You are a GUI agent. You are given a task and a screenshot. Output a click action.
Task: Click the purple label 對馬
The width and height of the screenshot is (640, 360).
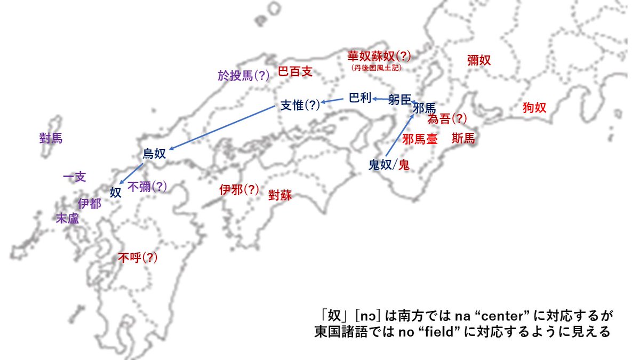point(51,139)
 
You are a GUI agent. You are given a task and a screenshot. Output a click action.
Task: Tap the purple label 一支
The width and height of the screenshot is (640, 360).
point(74,177)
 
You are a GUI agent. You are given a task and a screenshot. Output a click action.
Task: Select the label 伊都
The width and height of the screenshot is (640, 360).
point(89,203)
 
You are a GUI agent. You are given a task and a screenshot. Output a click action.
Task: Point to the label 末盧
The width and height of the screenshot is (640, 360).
point(68,218)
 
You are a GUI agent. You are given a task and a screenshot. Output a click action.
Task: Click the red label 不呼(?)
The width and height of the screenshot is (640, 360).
point(138,258)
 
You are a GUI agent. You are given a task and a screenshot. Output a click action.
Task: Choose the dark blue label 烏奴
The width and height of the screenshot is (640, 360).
point(154,154)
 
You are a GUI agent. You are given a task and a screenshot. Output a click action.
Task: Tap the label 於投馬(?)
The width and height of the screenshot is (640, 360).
point(244,76)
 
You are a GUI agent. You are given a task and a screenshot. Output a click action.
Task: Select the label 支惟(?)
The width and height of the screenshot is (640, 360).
point(300,105)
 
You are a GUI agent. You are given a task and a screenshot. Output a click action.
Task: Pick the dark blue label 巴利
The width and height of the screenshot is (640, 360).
point(360,98)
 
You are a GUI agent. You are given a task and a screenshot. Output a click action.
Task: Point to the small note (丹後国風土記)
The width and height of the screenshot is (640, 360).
point(377,68)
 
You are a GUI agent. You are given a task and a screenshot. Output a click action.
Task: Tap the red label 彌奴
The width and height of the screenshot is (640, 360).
point(478,60)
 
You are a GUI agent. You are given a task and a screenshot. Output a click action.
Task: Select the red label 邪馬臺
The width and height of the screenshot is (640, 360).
point(420,139)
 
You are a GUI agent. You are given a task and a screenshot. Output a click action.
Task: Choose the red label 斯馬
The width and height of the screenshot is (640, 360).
point(462,139)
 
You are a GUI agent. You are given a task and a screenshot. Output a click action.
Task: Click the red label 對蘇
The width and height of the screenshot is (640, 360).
point(280,194)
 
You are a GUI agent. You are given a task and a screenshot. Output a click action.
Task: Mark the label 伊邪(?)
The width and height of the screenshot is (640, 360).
point(239,189)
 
